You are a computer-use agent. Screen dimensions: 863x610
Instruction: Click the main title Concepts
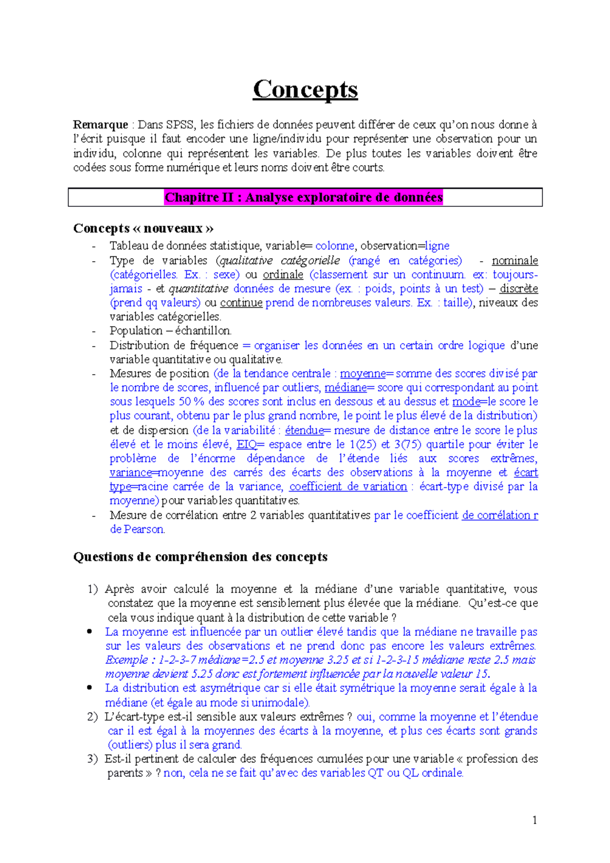305,90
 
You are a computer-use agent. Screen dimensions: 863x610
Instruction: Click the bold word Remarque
100,125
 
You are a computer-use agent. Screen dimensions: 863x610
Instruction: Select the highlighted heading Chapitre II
303,197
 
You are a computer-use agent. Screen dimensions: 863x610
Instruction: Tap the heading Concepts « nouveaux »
143,228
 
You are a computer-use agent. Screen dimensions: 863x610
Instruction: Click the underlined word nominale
514,261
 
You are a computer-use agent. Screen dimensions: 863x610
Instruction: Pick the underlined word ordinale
283,275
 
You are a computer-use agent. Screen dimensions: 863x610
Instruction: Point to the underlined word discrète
518,289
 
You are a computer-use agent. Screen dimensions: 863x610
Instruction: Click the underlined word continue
241,303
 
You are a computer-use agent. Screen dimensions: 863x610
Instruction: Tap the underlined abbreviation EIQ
247,445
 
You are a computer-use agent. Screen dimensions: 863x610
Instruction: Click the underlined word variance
131,473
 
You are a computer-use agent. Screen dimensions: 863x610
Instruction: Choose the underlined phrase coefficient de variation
348,487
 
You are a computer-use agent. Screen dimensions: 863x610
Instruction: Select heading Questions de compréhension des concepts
200,557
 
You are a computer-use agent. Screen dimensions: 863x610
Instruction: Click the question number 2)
92,717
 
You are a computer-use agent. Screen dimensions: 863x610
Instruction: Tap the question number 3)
92,759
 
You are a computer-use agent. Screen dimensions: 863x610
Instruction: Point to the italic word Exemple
127,660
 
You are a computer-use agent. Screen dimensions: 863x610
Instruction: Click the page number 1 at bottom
534,820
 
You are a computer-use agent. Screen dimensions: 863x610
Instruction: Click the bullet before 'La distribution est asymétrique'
89,688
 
